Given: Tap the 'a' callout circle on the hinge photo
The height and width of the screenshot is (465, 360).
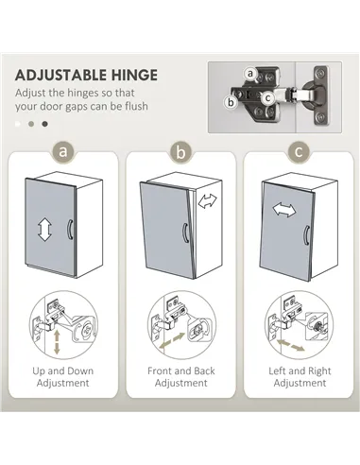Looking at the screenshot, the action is point(250,74).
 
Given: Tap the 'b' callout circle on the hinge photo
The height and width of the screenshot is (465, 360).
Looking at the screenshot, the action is point(231,102).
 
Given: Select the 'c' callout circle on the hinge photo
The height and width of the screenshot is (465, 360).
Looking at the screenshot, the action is point(267,98).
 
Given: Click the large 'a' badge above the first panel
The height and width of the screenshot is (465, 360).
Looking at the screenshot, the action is point(62,151).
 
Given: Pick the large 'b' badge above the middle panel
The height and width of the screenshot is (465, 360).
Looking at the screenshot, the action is point(180,152).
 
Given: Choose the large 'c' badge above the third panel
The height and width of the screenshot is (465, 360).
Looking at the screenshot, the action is point(299,152).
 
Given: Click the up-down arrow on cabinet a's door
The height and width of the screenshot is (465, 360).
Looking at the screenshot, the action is point(44,229).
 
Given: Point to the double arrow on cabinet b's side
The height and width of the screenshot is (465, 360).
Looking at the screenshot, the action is point(208,200).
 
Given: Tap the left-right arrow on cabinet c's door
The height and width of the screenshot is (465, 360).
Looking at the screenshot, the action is point(284,210).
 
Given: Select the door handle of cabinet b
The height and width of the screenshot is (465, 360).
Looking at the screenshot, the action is point(185,232).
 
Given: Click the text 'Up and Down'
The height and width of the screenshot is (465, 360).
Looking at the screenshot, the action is point(62,370).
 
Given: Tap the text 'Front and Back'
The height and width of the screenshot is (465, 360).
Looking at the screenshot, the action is point(181,370).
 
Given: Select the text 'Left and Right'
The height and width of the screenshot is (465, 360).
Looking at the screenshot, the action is point(300,371).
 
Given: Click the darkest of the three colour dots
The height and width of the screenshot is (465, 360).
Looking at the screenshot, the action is point(45,124).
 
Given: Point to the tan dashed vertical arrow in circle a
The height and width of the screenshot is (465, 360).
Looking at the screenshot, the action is point(57,342).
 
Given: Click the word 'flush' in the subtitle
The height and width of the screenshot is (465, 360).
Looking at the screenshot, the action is point(136,106).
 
